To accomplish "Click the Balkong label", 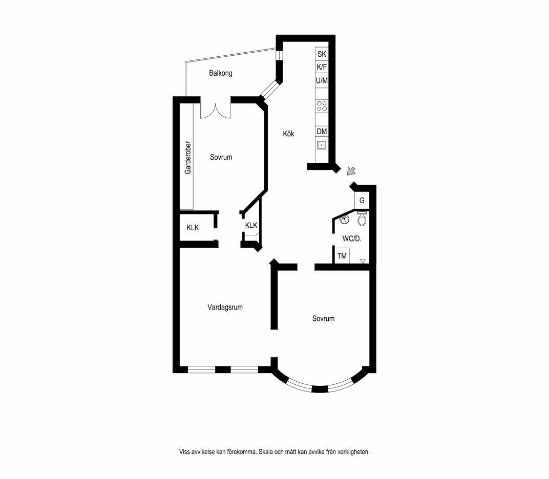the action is (221, 73).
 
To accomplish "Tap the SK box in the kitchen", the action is (322, 54).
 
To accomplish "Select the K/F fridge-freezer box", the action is (322, 67).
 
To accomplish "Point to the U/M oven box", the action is (322, 80).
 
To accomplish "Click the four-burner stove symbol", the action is (322, 106).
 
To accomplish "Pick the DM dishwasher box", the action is (322, 131).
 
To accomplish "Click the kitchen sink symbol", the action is (322, 144).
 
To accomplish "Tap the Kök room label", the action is (288, 133).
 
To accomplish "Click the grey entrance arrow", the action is (351, 171).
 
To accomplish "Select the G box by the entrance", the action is (362, 201).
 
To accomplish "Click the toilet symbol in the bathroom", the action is (362, 219).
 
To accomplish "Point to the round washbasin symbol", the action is (345, 220).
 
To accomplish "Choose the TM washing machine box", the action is (342, 256).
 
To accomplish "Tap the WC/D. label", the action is (352, 238).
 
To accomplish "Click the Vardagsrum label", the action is (225, 307).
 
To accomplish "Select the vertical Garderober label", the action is (188, 158).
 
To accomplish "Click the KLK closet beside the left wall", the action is (193, 228).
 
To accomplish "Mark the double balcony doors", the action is (215, 110).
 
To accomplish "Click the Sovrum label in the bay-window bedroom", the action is (324, 318).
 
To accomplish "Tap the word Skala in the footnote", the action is (266, 452).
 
